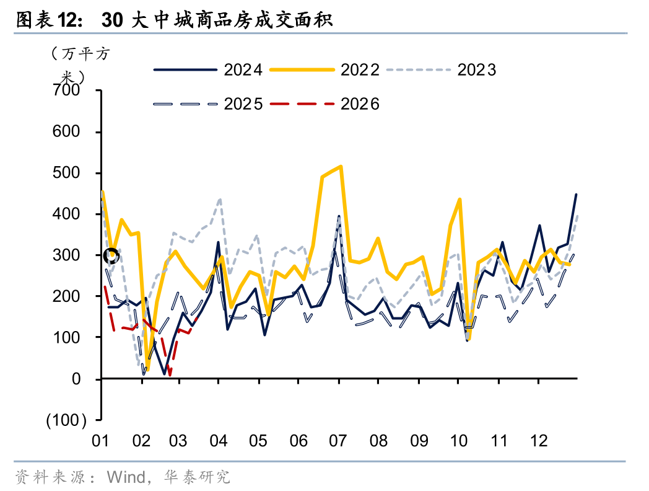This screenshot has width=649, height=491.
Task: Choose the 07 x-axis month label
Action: (338, 441)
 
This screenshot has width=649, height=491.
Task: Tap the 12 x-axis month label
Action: (538, 441)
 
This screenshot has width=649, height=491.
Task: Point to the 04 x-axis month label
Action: (219, 441)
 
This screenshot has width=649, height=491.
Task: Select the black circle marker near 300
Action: (111, 255)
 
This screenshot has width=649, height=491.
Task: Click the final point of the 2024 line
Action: (576, 195)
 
